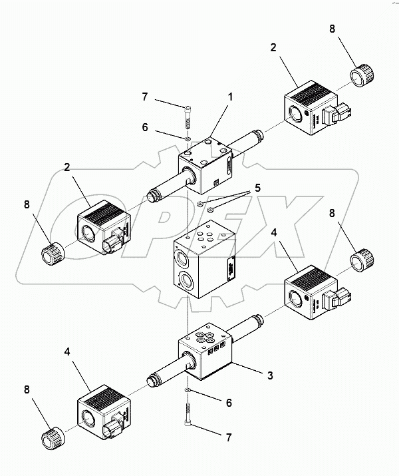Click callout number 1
230,97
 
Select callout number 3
270,375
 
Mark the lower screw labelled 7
189,413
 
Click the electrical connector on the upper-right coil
345,113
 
